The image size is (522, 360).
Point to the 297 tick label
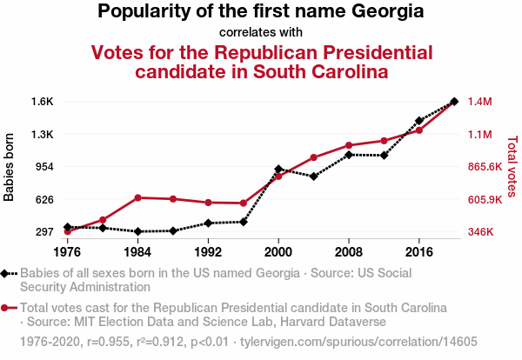(44, 232)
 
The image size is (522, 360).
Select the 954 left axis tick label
(44, 167)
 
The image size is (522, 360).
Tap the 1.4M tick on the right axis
(480, 102)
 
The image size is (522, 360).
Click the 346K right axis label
(483, 232)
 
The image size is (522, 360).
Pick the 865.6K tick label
(485, 167)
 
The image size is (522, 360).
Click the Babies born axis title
(10, 167)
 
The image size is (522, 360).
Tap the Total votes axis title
(512, 167)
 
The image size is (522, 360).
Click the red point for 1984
(137, 197)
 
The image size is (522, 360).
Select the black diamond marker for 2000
(278, 169)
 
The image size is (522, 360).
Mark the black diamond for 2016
(419, 121)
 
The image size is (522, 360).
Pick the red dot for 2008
(349, 145)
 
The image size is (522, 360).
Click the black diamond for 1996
(244, 222)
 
